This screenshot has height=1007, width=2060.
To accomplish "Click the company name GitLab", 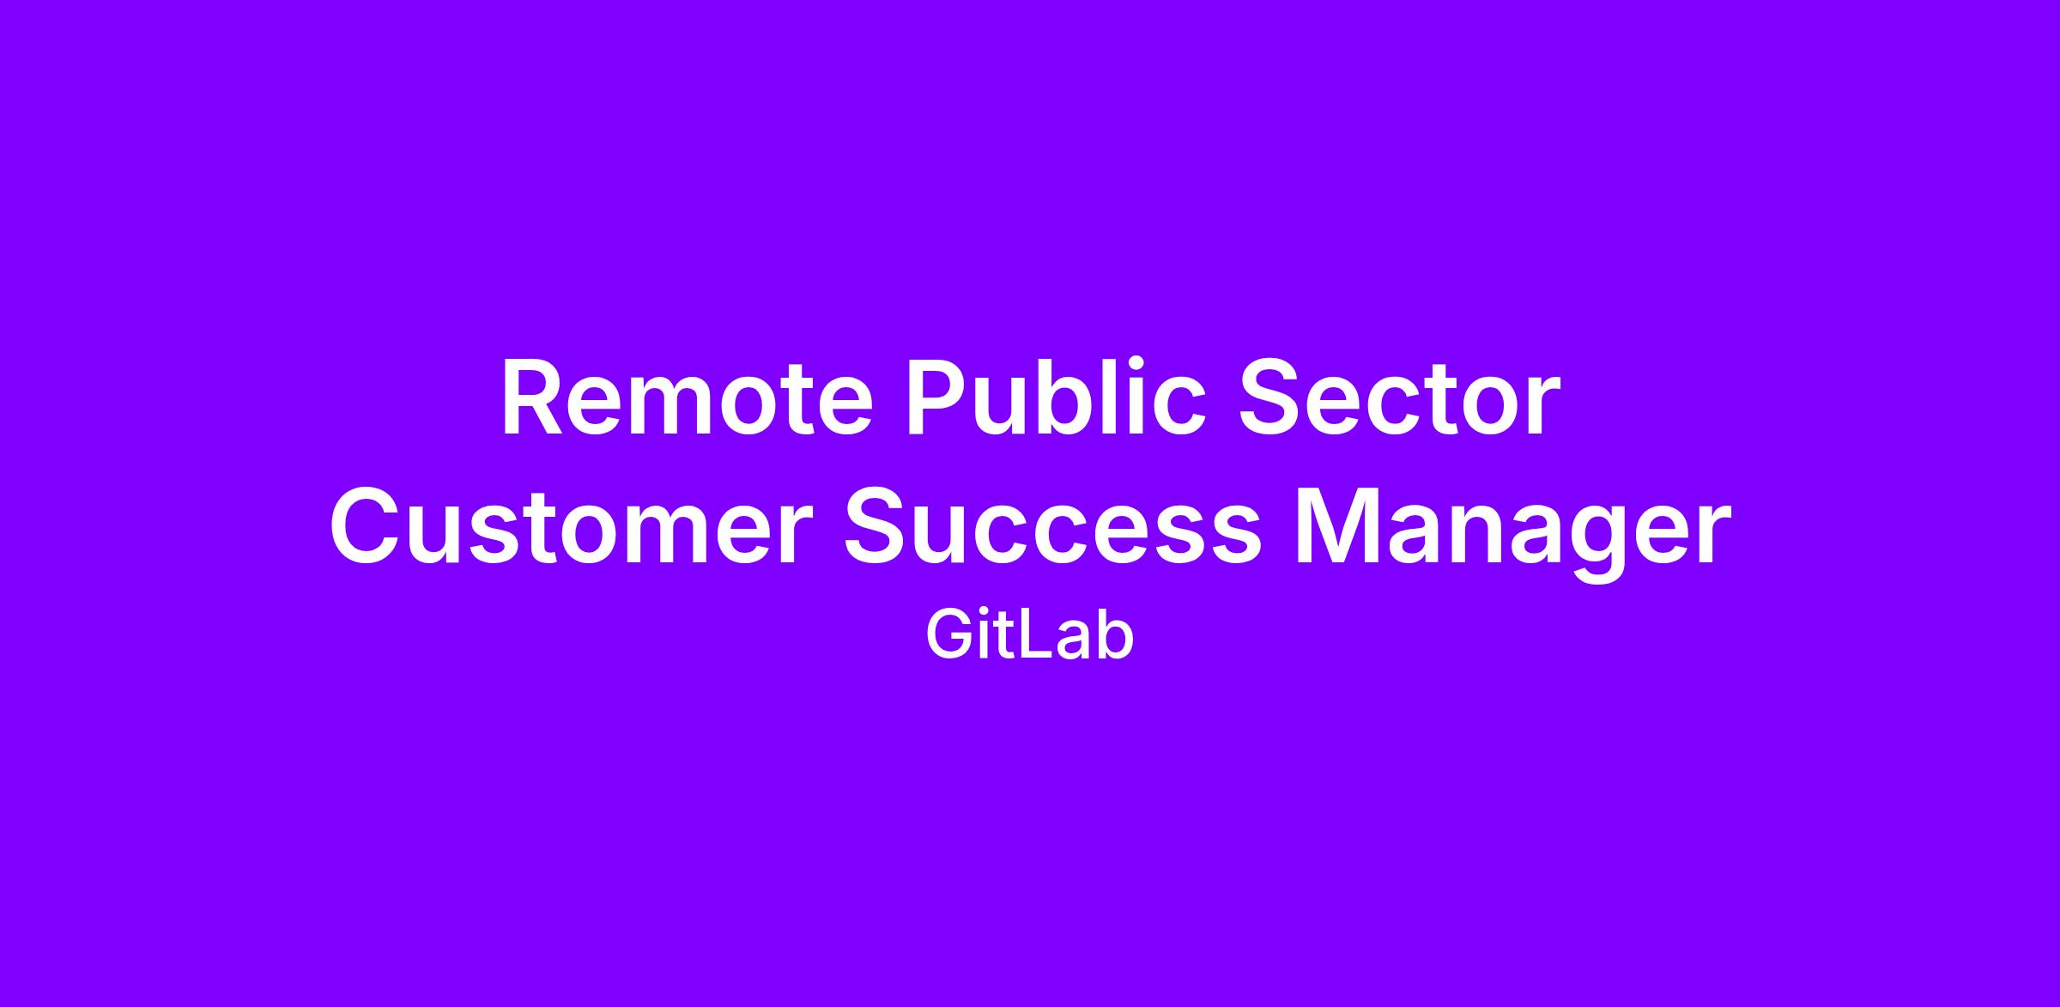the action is tap(1030, 636).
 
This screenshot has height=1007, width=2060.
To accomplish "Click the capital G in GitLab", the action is tap(948, 636).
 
